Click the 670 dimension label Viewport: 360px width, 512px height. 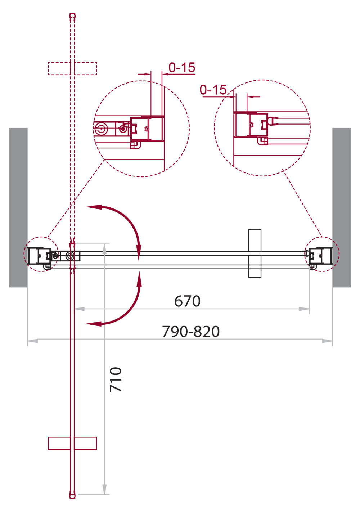(187, 301)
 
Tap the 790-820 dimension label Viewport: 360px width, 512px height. (191, 331)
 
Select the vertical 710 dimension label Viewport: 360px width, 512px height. (116, 379)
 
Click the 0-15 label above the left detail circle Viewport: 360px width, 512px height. (182, 67)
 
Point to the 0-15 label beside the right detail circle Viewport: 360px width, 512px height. (213, 90)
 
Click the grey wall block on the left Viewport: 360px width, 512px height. (18, 207)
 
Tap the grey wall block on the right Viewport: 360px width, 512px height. (342, 207)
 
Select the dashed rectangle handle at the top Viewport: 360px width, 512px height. (72, 68)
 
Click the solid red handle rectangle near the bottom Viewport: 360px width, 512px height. (72, 444)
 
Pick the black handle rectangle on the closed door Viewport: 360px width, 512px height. (255, 253)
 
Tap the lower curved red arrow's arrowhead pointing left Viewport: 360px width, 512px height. (94, 324)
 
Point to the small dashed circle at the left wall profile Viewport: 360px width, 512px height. (41, 254)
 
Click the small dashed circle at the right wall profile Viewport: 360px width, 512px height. (322, 254)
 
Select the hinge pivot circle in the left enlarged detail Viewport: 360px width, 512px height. (101, 129)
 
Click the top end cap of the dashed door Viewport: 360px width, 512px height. (72, 16)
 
